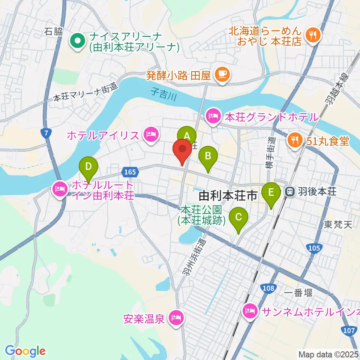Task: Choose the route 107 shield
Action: (349, 330)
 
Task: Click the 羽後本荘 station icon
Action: (290, 192)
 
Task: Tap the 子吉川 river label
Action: (164, 91)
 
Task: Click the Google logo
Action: (25, 351)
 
